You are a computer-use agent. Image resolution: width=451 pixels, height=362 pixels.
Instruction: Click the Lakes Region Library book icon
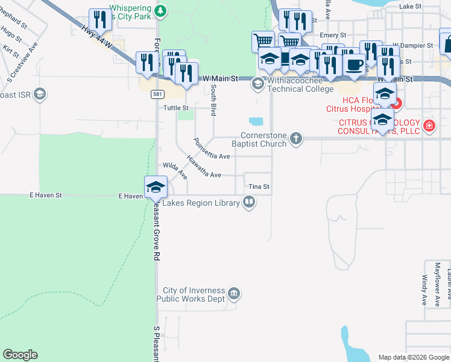click(x=248, y=203)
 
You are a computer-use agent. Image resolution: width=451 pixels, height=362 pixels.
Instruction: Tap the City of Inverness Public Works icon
click(x=234, y=294)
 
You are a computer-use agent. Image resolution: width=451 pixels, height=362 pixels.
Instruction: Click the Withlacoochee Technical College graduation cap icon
click(x=258, y=84)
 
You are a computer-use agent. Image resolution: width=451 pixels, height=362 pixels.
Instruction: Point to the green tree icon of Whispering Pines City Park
click(x=160, y=11)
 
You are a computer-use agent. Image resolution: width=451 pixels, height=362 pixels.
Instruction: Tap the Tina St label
click(x=258, y=187)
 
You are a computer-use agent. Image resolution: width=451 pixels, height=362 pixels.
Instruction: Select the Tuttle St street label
click(x=177, y=108)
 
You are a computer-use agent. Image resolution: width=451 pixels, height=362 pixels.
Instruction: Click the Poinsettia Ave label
click(x=212, y=149)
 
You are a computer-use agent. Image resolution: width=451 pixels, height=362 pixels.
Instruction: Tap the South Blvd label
click(x=213, y=94)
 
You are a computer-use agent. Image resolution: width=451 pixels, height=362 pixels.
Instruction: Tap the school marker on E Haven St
click(x=155, y=186)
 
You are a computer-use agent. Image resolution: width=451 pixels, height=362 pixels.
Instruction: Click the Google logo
click(x=20, y=355)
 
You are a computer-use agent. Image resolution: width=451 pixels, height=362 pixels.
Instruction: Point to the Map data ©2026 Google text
click(x=413, y=357)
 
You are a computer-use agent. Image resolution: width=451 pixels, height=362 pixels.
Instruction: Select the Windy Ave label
click(x=424, y=290)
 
